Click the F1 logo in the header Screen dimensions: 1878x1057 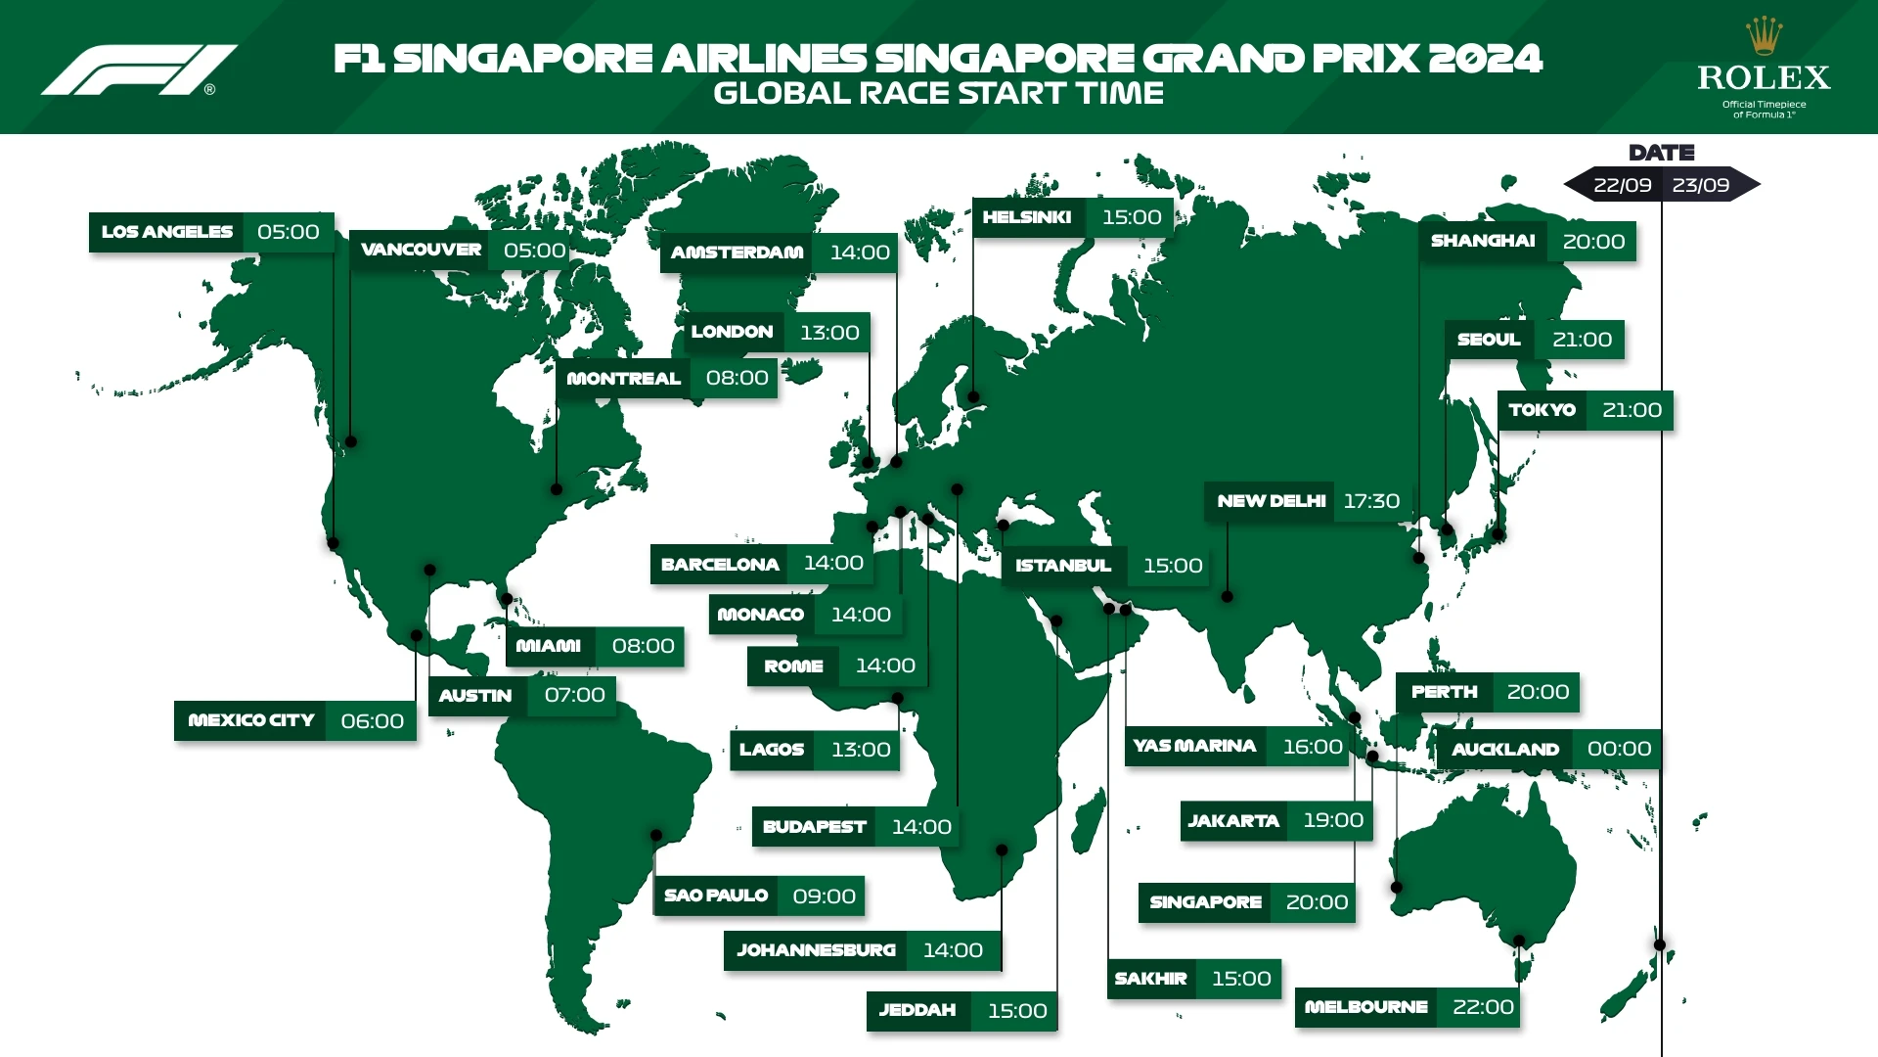[139, 69]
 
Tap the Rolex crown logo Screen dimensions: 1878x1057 [1764, 37]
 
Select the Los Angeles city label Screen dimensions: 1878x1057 [167, 232]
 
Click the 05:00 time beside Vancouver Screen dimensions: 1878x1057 [534, 251]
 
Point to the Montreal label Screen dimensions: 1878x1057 [623, 379]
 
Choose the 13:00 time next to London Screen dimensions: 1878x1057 [829, 333]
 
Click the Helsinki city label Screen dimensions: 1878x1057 [1027, 217]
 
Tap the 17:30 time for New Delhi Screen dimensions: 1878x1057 [1371, 501]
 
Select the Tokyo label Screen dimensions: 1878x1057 [1542, 410]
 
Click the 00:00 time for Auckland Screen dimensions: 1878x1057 [1619, 749]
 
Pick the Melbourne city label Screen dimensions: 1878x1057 [1365, 1007]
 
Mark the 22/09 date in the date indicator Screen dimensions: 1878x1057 [1622, 185]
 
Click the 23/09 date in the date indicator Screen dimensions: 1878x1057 [1701, 185]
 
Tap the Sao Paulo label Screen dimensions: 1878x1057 [716, 896]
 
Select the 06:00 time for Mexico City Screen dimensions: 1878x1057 [372, 721]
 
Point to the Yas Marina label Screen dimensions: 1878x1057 [1194, 746]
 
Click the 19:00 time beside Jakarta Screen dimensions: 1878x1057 [1333, 820]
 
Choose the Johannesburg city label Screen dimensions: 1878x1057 [816, 950]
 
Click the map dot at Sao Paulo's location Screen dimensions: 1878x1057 [657, 836]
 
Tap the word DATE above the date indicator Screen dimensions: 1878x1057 [1661, 153]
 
